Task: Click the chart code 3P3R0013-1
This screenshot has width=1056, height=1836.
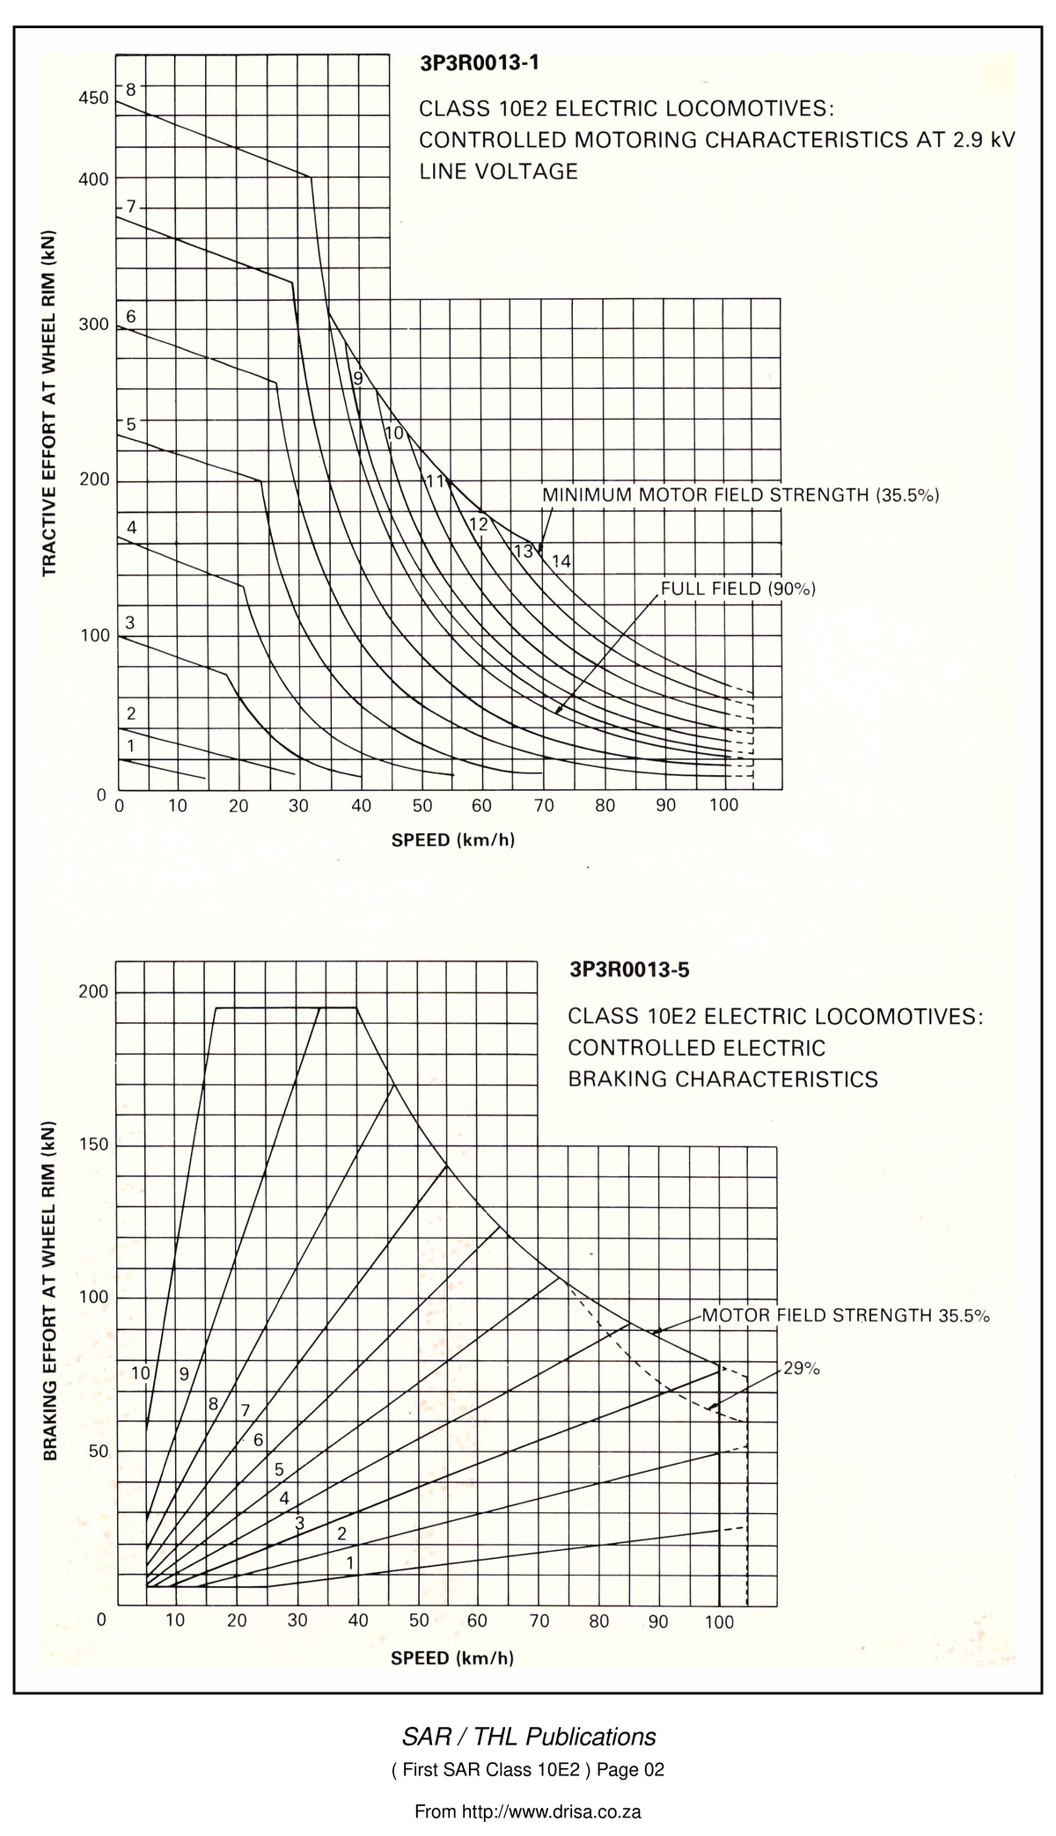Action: (480, 63)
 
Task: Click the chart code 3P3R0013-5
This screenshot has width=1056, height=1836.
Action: (630, 970)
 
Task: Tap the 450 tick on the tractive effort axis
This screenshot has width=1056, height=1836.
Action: (93, 98)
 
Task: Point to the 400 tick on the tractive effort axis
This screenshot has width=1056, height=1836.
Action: (93, 179)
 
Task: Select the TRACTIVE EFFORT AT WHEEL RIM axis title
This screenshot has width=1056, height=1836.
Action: (49, 404)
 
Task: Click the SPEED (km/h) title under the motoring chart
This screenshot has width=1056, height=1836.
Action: (453, 839)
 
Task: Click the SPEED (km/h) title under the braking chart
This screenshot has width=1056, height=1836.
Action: (452, 1658)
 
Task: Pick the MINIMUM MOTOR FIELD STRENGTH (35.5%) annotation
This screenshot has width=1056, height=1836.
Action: (741, 494)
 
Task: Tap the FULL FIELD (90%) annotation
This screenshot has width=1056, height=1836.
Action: (738, 589)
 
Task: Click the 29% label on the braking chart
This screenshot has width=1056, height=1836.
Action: (802, 1369)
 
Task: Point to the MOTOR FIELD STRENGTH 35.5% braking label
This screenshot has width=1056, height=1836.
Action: (846, 1316)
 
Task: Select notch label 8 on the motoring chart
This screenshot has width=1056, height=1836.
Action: (130, 89)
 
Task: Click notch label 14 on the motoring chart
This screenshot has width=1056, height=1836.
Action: (561, 561)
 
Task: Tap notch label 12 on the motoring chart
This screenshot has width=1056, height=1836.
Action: (479, 524)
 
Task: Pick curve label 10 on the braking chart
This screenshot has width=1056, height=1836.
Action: (141, 1373)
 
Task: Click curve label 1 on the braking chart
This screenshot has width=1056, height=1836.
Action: (350, 1563)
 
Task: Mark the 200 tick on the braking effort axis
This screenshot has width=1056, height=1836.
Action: (93, 991)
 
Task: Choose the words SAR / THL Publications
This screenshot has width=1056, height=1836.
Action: (529, 1737)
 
